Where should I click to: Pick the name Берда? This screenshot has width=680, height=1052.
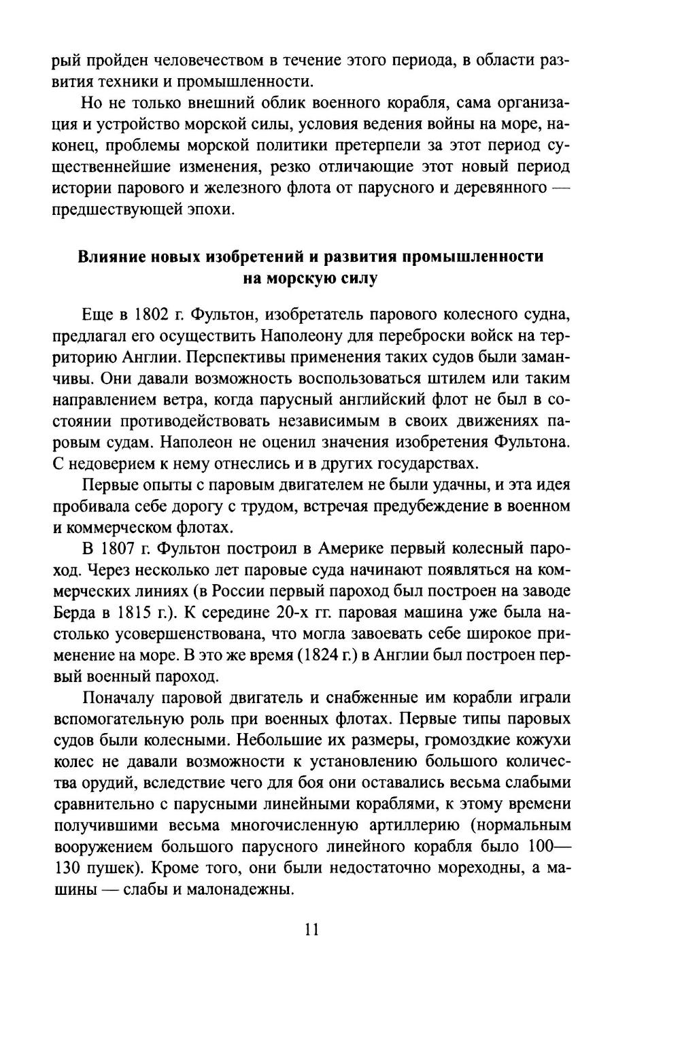(x=72, y=612)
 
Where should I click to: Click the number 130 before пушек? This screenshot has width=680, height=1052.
(x=66, y=868)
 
